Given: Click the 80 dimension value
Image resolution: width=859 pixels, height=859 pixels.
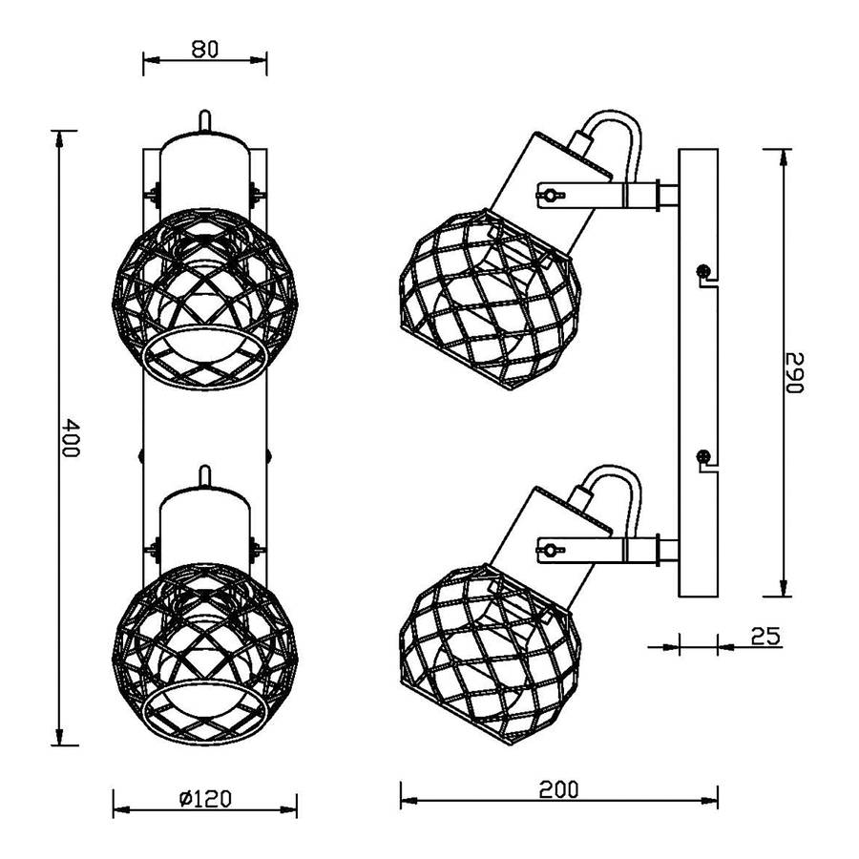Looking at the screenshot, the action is point(205,50).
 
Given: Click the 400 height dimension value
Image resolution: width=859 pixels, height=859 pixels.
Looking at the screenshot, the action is point(70,438).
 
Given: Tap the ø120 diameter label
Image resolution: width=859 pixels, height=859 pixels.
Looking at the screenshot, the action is point(205,799).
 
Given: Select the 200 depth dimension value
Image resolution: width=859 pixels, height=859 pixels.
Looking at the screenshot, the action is point(558,790).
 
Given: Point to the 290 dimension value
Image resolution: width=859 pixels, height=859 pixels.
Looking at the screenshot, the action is point(794,372).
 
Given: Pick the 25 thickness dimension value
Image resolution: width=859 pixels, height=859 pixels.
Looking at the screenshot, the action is point(765,636).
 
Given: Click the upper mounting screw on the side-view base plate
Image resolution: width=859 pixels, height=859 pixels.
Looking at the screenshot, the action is point(702,270).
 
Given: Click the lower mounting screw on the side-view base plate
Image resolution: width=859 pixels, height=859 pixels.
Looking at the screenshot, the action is point(702,455).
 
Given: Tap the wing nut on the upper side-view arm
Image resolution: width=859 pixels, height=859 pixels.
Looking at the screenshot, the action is point(550,195).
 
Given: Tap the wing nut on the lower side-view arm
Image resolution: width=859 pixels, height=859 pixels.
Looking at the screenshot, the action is point(550,549).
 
